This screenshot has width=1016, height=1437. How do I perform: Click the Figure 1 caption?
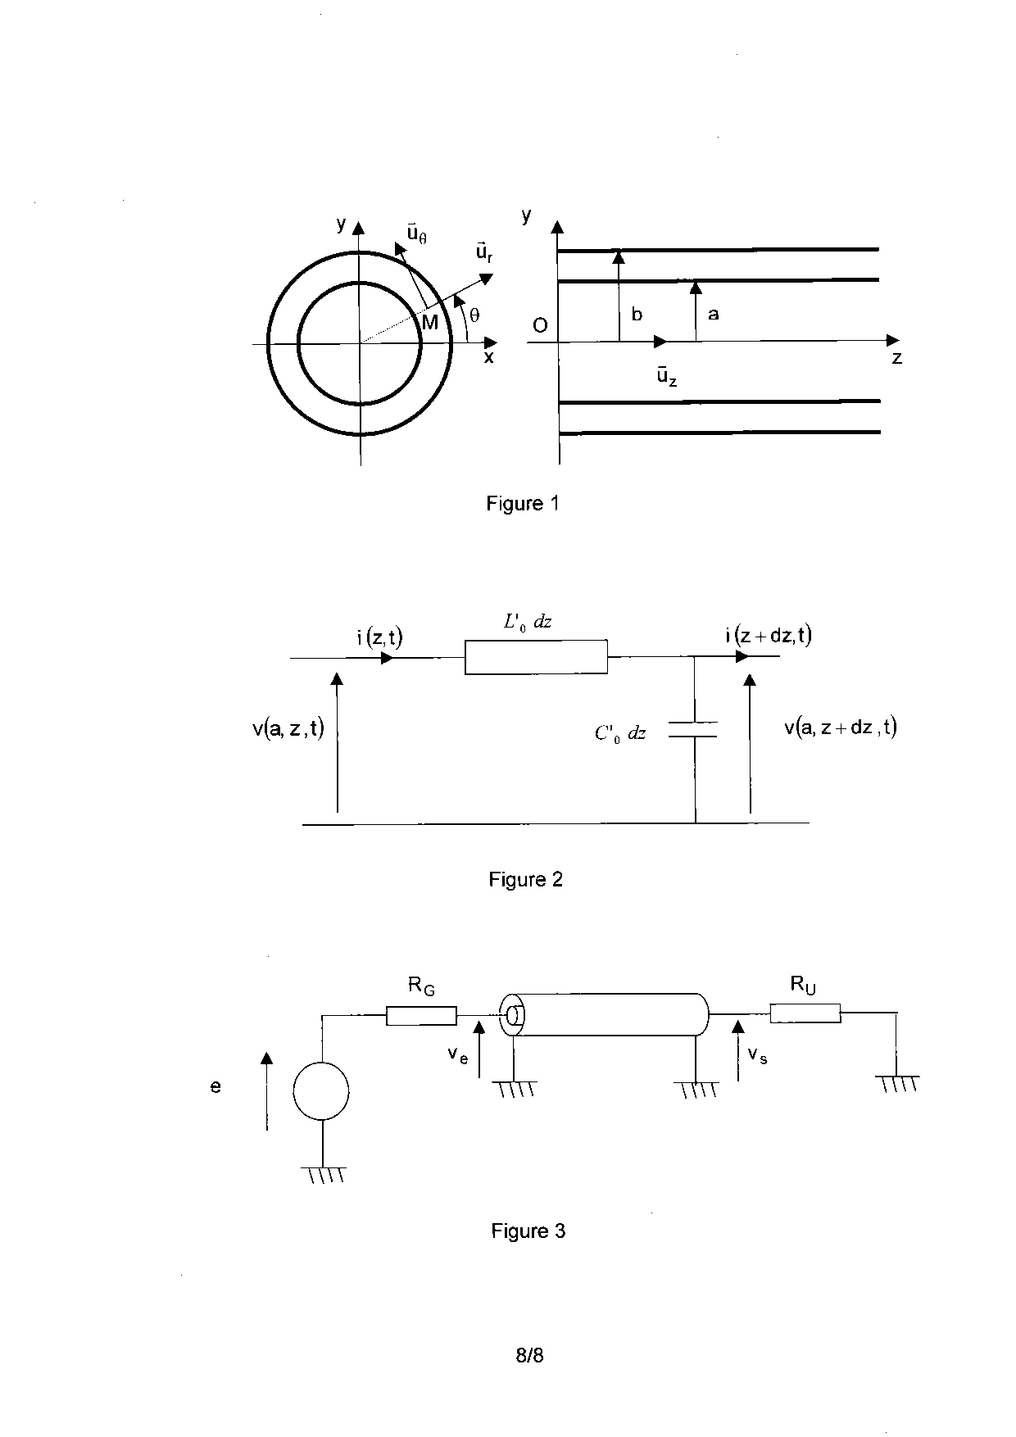[x=522, y=503]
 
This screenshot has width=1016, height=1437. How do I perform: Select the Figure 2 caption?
[x=525, y=879]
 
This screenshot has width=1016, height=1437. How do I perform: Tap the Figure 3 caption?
[x=528, y=1231]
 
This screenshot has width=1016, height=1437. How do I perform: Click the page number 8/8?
[x=529, y=1355]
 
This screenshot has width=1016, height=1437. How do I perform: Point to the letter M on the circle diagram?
[x=430, y=323]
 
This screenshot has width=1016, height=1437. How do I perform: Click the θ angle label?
[x=474, y=315]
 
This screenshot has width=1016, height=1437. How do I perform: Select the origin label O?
[x=540, y=325]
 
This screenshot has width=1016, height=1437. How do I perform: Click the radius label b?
[x=637, y=315]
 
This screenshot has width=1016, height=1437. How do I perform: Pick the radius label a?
[x=713, y=314]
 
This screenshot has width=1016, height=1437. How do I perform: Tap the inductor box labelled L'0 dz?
[x=536, y=657]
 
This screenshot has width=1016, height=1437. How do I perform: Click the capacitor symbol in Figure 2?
[x=694, y=730]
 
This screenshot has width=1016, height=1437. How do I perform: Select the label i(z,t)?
[x=379, y=637]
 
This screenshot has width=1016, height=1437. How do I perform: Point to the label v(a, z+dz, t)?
[x=840, y=727]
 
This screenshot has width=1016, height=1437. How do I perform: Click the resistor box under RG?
[x=421, y=1016]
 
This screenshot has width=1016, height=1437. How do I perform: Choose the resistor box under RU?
[x=805, y=1014]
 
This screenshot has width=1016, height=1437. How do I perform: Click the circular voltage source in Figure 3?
[x=321, y=1090]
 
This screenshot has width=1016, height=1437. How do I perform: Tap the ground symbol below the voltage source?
[x=324, y=1174]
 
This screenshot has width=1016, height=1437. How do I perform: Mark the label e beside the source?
[x=215, y=1087]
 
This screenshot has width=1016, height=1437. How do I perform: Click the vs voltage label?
[x=757, y=1055]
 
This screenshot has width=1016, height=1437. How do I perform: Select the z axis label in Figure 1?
[x=897, y=358]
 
